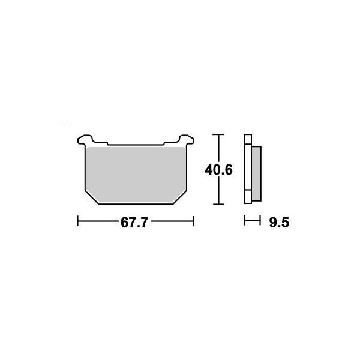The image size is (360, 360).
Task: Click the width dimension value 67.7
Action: click(134, 223)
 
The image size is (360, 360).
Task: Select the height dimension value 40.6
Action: click(218, 170)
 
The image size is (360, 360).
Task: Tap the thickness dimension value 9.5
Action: click(280, 223)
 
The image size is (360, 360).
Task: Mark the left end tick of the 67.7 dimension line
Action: click(78, 223)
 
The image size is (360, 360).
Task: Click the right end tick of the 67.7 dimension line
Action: click(194, 223)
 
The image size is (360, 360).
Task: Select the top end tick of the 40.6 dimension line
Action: click(219, 134)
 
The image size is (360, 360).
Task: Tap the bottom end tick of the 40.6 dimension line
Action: click(219, 204)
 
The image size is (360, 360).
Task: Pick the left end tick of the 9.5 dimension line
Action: click(245, 223)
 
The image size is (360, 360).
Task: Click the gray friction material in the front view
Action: click(135, 174)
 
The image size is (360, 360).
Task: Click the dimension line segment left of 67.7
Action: click(99, 223)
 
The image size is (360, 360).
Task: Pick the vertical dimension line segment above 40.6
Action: click(219, 148)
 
